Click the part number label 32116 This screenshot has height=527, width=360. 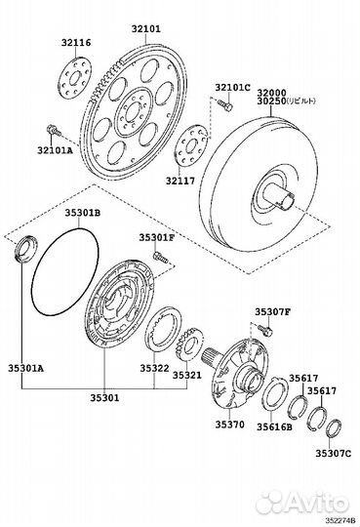pyautogui.click(x=76, y=43)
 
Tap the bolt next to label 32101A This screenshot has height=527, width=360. pyautogui.click(x=53, y=130)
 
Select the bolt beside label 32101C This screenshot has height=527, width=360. pyautogui.click(x=224, y=104)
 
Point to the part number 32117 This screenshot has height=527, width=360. pyautogui.click(x=180, y=181)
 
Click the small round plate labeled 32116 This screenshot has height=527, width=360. pyautogui.click(x=75, y=78)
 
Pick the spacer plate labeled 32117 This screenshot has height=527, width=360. pyautogui.click(x=191, y=145)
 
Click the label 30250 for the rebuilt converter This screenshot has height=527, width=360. pyautogui.click(x=271, y=101)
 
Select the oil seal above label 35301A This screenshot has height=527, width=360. pyautogui.click(x=26, y=248)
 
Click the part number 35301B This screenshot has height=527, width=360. pyautogui.click(x=82, y=213)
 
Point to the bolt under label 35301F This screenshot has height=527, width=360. pyautogui.click(x=160, y=257)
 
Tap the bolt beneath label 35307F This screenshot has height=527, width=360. pyautogui.click(x=265, y=330)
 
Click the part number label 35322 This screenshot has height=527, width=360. pyautogui.click(x=154, y=368)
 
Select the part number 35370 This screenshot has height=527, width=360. pyautogui.click(x=230, y=425)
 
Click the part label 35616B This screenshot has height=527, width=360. pyautogui.click(x=274, y=426)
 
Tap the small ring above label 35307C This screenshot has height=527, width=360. pyautogui.click(x=334, y=428)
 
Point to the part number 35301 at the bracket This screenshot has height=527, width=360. pyautogui.click(x=104, y=398)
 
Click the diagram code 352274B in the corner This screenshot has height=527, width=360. pyautogui.click(x=340, y=521)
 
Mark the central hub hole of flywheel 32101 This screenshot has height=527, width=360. pyautogui.click(x=134, y=112)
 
